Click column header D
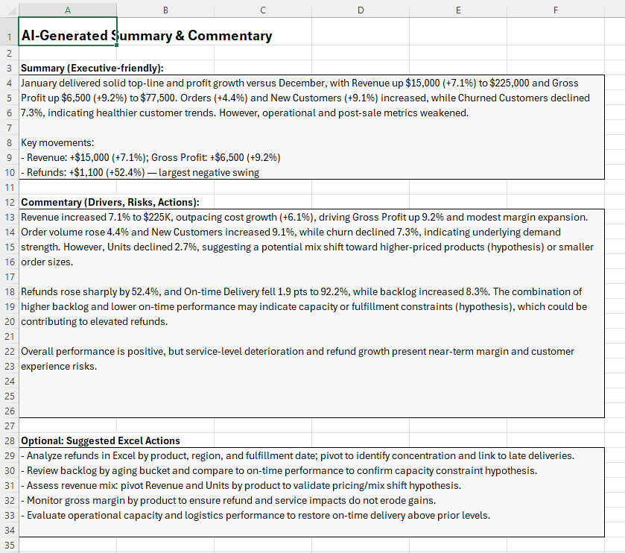coord(361,10)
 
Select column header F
coord(556,10)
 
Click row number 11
coord(10,187)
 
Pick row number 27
coord(10,426)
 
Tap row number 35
coord(10,545)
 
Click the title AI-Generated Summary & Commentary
coord(147,36)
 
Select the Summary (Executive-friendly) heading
coord(92,68)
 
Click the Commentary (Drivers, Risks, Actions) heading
coord(110,202)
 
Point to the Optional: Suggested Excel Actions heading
coord(101,440)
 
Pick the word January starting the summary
coord(41,83)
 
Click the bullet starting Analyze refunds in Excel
coord(298,455)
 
